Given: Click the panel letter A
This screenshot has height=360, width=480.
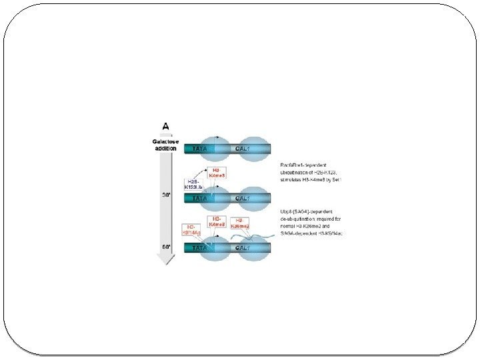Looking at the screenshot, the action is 167,125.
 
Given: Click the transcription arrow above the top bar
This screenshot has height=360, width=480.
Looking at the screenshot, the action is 217,137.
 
